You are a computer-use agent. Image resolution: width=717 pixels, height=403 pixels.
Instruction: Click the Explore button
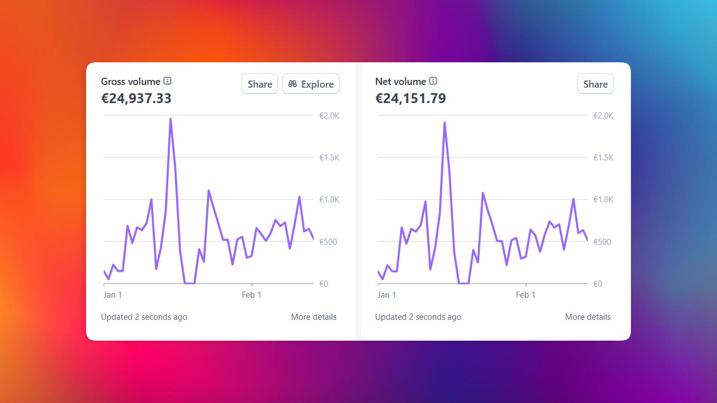311,84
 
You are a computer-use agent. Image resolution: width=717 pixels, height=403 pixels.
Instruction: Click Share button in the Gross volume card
260,84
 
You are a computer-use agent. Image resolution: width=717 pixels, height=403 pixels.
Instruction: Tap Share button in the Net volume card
595,84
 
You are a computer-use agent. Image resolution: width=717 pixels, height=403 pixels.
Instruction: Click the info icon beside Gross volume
168,81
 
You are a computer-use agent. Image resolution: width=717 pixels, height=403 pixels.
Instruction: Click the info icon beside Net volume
434,81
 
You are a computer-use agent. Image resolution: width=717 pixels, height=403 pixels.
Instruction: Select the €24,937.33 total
136,99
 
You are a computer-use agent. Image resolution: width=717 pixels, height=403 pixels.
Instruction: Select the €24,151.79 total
410,99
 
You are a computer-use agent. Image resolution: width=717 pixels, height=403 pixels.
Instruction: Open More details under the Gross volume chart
313,317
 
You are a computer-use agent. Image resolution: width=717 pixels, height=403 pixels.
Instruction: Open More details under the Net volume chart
587,317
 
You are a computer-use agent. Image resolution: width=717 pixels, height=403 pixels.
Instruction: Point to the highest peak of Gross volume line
170,119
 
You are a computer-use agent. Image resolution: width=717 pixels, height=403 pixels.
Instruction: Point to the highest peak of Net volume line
445,123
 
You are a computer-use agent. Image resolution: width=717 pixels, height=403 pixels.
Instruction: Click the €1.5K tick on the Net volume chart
603,158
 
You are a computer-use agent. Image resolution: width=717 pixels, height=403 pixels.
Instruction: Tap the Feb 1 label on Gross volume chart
252,295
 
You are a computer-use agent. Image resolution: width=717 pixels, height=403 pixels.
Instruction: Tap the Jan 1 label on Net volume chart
387,295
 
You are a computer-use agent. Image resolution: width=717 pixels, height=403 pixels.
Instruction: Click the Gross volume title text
131,82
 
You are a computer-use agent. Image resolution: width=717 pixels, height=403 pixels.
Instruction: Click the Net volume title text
400,82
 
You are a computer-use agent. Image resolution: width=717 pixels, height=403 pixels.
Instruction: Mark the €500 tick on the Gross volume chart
330,242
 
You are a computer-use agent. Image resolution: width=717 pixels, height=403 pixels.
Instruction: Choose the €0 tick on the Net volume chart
598,284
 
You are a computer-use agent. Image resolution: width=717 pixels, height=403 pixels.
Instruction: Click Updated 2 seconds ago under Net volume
418,317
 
